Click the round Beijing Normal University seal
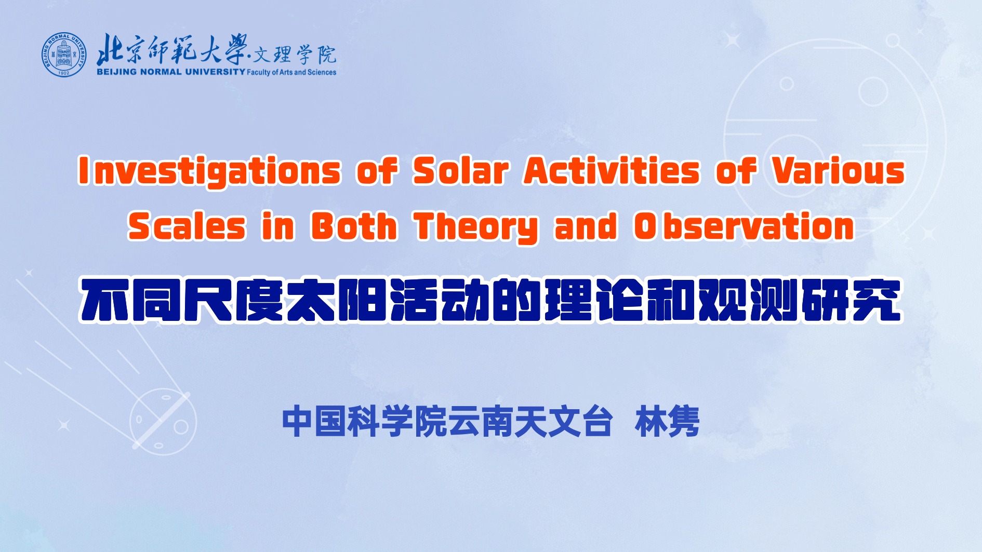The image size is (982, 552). click(x=64, y=55)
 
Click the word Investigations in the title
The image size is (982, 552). click(x=210, y=172)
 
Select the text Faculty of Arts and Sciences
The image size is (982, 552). click(x=291, y=72)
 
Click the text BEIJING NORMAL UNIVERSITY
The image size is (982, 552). click(x=171, y=72)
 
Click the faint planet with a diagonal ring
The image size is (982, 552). click(x=162, y=422)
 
